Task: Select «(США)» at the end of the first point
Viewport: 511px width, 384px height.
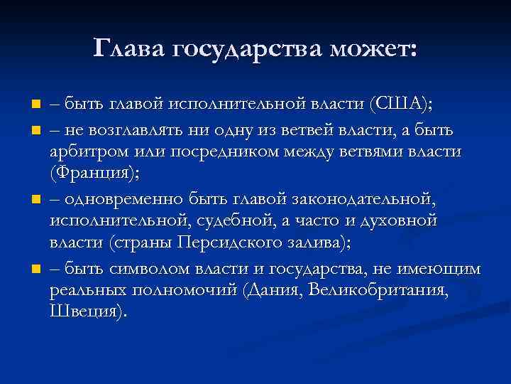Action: coord(401,105)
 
